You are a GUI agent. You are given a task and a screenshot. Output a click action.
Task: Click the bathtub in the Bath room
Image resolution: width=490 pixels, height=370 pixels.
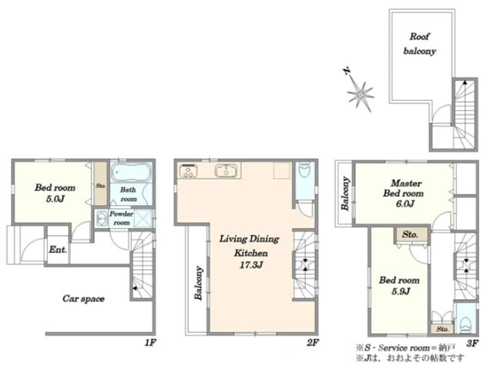pyautogui.click(x=131, y=173)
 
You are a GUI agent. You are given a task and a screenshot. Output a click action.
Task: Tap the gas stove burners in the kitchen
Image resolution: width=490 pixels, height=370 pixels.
pyautogui.click(x=189, y=171)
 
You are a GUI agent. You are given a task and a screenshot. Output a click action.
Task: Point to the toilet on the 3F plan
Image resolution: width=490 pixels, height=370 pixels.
pyautogui.click(x=465, y=325)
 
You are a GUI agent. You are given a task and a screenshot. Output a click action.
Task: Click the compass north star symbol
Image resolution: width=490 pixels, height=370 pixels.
pyautogui.click(x=360, y=92)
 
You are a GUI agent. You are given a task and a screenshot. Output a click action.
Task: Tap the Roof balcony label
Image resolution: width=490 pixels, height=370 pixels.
pyautogui.click(x=419, y=44)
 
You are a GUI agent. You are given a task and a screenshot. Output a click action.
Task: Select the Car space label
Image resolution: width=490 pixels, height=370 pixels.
pyautogui.click(x=83, y=298)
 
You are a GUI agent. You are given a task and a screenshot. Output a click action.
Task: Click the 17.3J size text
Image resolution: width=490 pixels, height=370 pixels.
pyautogui.click(x=251, y=265)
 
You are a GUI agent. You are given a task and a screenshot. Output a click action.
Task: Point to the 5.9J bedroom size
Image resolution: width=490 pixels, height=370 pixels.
pyautogui.click(x=401, y=291)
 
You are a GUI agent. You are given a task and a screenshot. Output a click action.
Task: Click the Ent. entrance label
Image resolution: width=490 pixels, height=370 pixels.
pyautogui.click(x=58, y=250)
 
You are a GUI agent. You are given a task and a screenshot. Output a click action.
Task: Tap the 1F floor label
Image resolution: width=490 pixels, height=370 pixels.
pyautogui.click(x=150, y=343)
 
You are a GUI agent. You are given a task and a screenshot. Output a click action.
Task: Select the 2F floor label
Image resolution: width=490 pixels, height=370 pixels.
pyautogui.click(x=313, y=343)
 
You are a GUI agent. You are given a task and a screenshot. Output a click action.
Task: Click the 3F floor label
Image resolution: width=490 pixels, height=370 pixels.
pyautogui.click(x=472, y=344)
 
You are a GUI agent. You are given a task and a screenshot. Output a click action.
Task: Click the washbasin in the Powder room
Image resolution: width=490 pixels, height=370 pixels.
pyautogui.click(x=102, y=218)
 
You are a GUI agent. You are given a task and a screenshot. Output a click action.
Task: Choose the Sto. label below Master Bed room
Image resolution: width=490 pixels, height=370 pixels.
pyautogui.click(x=410, y=234)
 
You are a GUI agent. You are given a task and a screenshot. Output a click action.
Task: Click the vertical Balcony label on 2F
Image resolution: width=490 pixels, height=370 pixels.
pyautogui.click(x=199, y=283)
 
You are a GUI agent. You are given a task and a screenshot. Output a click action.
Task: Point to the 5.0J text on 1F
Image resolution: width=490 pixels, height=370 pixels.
pyautogui.click(x=55, y=199)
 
